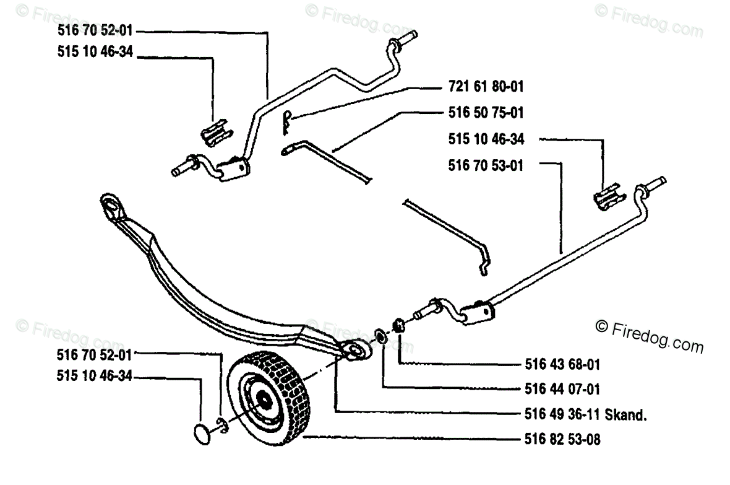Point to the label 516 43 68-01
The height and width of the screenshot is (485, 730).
[554, 364]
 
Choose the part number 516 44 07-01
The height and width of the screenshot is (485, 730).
[554, 390]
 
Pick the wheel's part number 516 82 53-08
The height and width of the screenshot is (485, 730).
[554, 440]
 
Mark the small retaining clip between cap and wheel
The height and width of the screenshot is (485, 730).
[221, 424]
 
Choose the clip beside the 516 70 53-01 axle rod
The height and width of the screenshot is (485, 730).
[607, 196]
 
